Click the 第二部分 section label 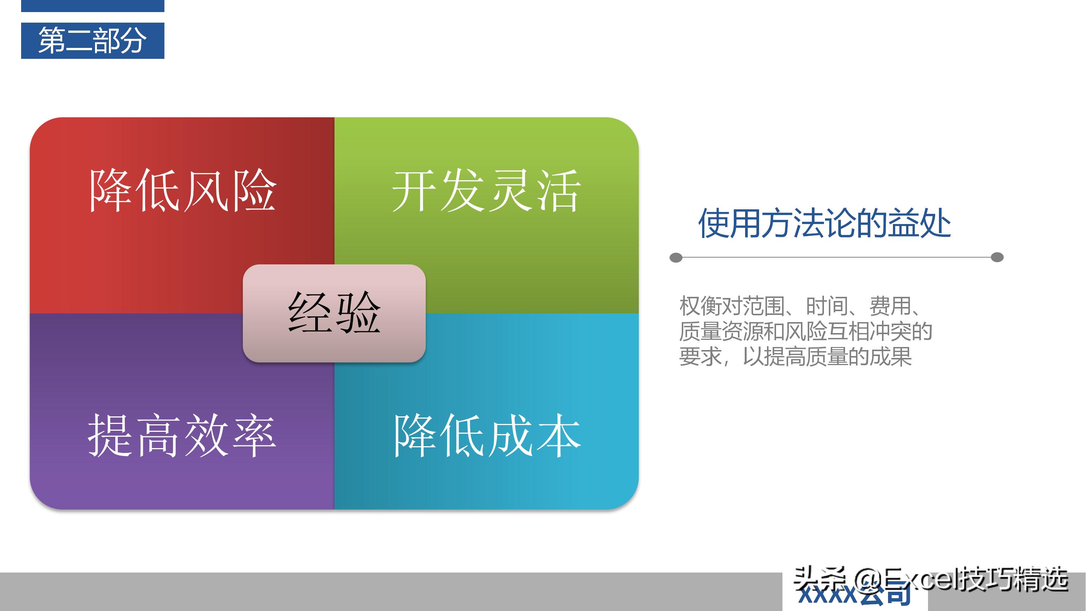pos(92,40)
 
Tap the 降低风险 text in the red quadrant pos(183,190)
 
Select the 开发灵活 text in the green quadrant pos(486,190)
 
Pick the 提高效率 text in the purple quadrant pos(182,436)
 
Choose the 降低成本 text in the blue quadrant pos(487,436)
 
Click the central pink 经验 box pos(334,313)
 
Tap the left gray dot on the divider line pos(676,257)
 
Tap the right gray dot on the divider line pos(997,257)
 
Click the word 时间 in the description pos(827,306)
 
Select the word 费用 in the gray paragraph pos(890,306)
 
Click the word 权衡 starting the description pos(700,306)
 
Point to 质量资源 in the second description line pos(721,332)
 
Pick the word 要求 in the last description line pos(700,357)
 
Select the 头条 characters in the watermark pos(820,580)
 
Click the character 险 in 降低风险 pos(255,190)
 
